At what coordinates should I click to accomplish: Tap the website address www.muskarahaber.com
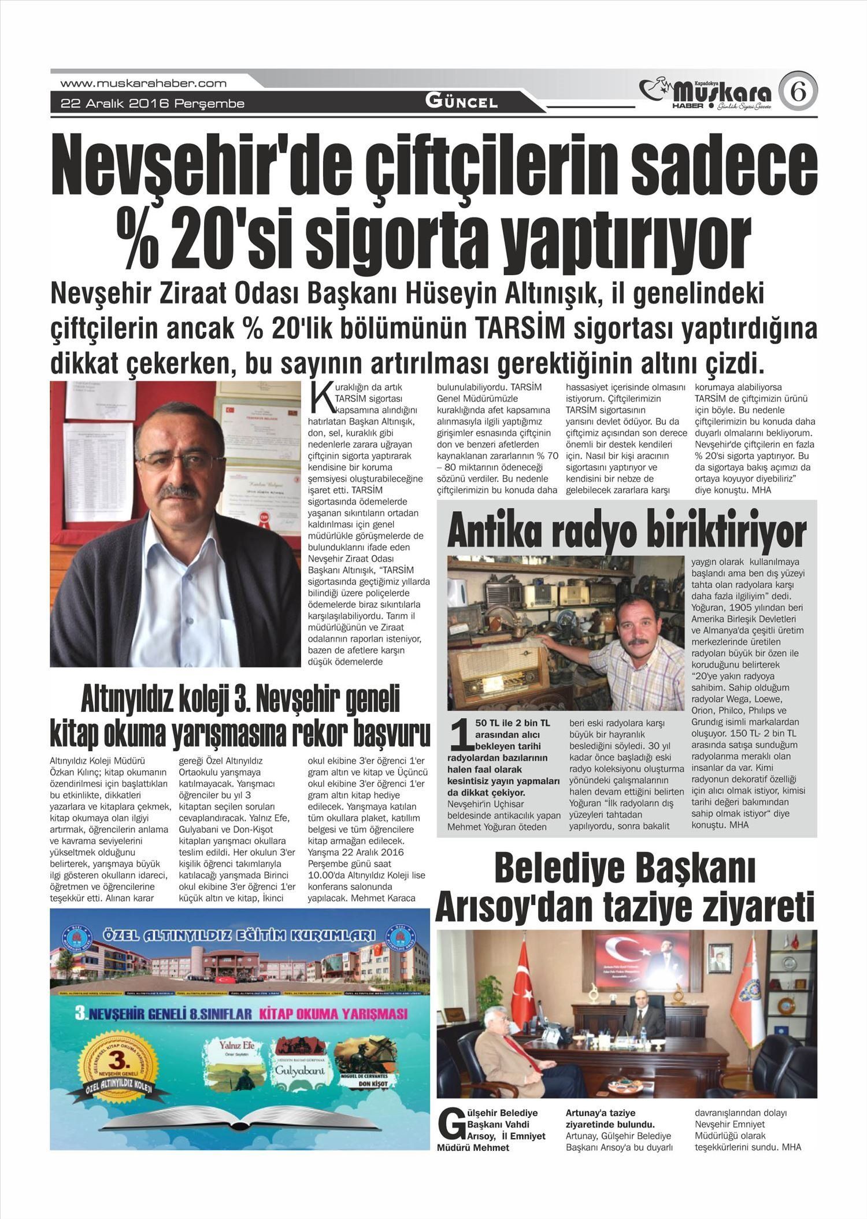143,83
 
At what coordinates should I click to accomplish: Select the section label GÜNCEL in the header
461,102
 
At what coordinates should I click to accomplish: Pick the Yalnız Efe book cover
233,1064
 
